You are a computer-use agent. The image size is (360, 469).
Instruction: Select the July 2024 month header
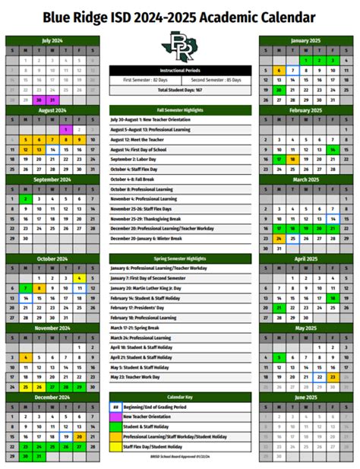pyautogui.click(x=52, y=40)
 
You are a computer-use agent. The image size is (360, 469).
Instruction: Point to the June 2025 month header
pyautogui.click(x=306, y=398)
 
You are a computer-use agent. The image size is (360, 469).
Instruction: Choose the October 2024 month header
pyautogui.click(x=52, y=258)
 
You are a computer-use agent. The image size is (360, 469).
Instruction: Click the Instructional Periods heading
pyautogui.click(x=180, y=70)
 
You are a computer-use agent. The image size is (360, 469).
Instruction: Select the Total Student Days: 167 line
pyautogui.click(x=180, y=90)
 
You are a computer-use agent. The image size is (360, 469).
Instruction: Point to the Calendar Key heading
pyautogui.click(x=180, y=398)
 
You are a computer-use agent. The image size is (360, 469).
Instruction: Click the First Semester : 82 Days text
pyautogui.click(x=146, y=80)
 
